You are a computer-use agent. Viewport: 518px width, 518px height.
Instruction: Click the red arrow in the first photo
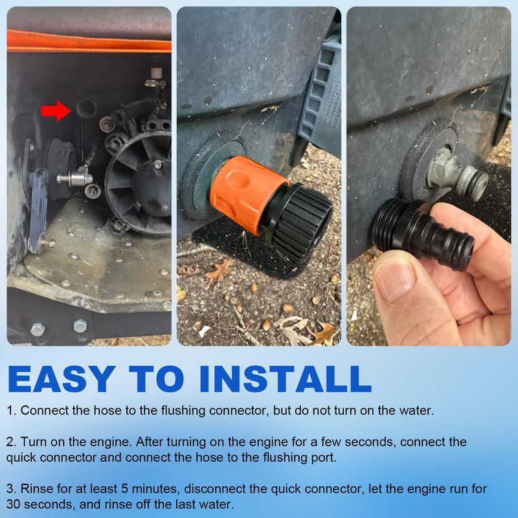pos(56,111)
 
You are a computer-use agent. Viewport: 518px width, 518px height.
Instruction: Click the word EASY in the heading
pos(62,379)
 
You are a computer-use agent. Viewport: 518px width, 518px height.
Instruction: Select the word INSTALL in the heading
pos(286,379)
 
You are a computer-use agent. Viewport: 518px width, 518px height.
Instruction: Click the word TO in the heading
pos(157,379)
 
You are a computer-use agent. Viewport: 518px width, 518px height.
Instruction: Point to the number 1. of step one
pos(11,411)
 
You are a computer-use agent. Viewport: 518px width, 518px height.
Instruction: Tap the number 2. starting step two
pos(11,442)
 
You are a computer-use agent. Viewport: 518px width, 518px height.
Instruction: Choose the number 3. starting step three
pos(11,489)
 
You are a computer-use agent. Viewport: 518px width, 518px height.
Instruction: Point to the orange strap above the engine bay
pos(89,42)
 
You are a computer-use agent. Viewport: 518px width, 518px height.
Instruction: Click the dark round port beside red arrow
pos(87,106)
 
